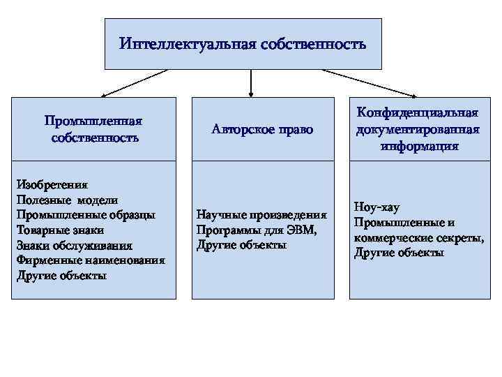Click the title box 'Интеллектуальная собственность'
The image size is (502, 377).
(x=243, y=44)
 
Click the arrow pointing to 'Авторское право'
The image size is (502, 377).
(x=251, y=82)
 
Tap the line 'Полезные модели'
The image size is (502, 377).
(x=61, y=200)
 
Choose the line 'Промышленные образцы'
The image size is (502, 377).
(x=86, y=215)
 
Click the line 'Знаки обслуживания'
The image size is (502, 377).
(x=74, y=245)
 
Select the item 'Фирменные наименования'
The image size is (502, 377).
(x=91, y=260)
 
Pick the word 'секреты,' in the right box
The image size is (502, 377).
(x=462, y=237)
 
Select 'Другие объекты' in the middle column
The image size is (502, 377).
(x=242, y=245)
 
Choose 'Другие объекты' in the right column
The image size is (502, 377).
(x=399, y=253)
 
